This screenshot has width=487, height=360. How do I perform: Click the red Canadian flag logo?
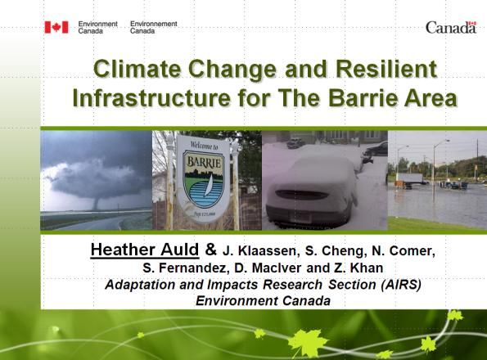click(x=56, y=27)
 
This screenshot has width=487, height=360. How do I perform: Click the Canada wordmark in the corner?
click(x=451, y=27)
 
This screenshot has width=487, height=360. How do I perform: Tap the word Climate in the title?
click(x=137, y=69)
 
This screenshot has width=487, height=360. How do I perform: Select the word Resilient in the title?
click(x=386, y=69)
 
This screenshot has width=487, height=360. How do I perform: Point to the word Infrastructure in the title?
click(x=151, y=97)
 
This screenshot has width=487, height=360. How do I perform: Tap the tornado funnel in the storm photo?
click(x=96, y=203)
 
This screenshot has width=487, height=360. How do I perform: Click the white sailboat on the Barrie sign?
click(x=209, y=186)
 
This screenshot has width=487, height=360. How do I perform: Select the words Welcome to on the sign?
click(x=204, y=146)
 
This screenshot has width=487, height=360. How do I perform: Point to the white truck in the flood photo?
click(x=410, y=179)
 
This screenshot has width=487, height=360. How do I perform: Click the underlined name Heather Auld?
click(x=145, y=250)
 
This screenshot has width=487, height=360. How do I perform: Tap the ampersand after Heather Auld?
click(x=211, y=250)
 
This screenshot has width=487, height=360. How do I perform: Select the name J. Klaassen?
click(x=261, y=251)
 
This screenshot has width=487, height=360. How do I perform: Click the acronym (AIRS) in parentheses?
click(x=401, y=285)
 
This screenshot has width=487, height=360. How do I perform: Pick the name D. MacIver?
click(x=268, y=268)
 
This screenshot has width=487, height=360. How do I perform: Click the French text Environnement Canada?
click(x=153, y=27)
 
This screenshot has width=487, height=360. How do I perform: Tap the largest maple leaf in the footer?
click(x=308, y=342)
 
